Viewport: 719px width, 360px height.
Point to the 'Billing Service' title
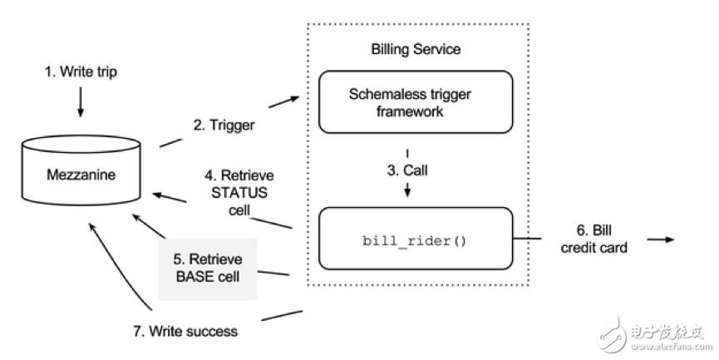pos(415,49)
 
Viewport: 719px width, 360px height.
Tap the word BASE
pos(193,276)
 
